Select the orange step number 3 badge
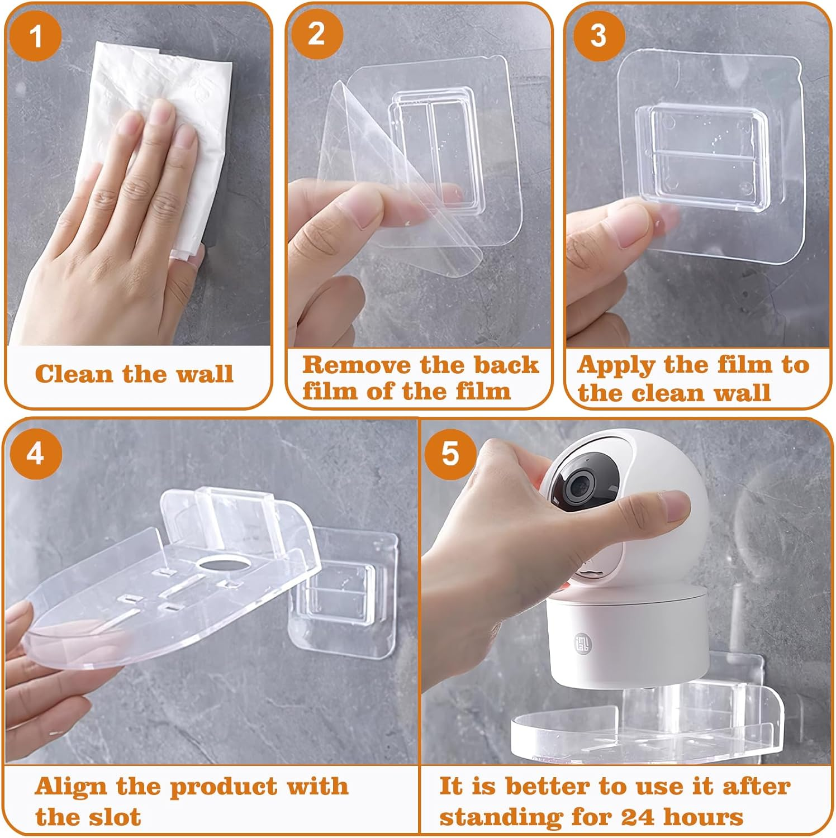(x=598, y=35)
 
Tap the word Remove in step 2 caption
(x=356, y=365)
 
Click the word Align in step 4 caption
(x=70, y=787)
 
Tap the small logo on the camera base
(x=582, y=642)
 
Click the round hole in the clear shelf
(x=222, y=563)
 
